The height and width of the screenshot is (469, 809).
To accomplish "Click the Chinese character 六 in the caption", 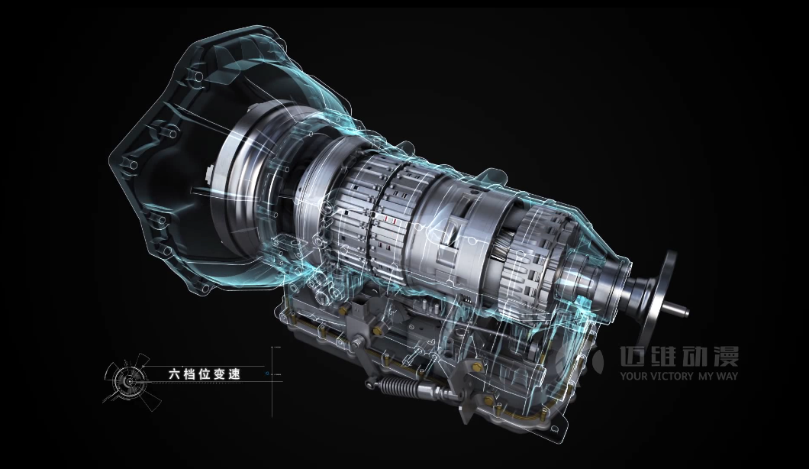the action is pos(174,374).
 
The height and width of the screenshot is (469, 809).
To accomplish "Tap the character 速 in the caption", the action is pos(234,374).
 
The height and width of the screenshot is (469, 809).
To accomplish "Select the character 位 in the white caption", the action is pos(205,374).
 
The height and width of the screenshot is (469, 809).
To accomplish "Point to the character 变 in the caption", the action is pos(219,374).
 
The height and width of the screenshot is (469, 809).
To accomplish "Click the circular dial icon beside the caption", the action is pos(127,381).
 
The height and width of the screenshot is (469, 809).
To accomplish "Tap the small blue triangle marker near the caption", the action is pos(266,373).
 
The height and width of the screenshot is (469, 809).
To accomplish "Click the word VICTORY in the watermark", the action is pos(672,376).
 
